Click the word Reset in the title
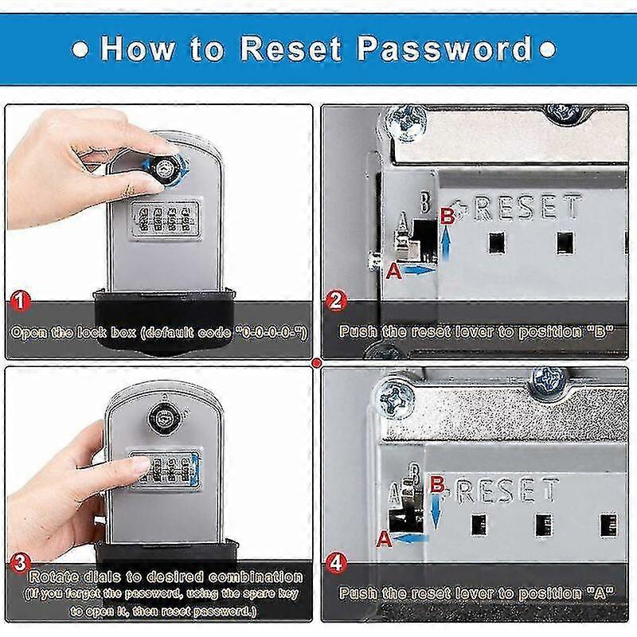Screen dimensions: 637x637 coord(293,49)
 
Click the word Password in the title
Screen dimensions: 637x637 coord(444,49)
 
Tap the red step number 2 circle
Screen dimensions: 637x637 coord(336,301)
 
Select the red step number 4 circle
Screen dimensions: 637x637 coord(336,562)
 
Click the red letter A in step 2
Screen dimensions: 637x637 coord(392,272)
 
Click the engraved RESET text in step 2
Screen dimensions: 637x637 coord(529,209)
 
